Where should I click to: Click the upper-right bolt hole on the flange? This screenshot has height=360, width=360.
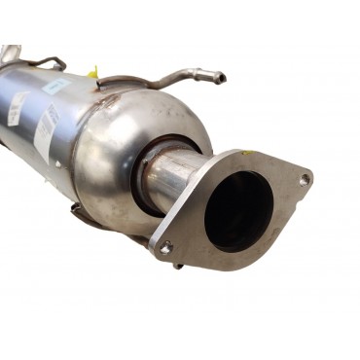click(305, 180)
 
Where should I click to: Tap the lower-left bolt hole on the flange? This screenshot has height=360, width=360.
click(165, 247)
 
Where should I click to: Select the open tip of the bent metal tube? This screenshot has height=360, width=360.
click(221, 78)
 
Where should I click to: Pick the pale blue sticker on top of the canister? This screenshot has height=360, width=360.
click(57, 87)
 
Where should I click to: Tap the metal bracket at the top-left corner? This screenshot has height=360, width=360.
click(10, 53)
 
